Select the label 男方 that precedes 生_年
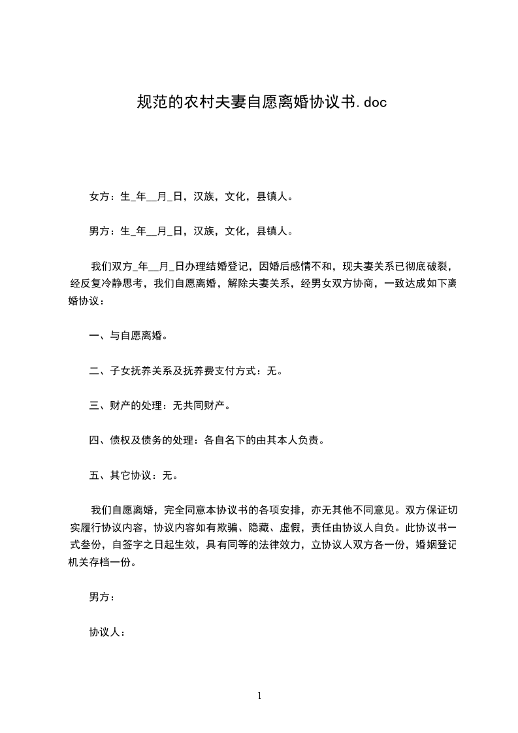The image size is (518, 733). (99, 231)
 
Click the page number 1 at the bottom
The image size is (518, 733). (259, 696)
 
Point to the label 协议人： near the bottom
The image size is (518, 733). (106, 632)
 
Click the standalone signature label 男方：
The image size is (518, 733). (102, 597)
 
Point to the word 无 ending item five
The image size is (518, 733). (166, 476)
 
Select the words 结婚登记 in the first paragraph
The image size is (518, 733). (232, 267)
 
